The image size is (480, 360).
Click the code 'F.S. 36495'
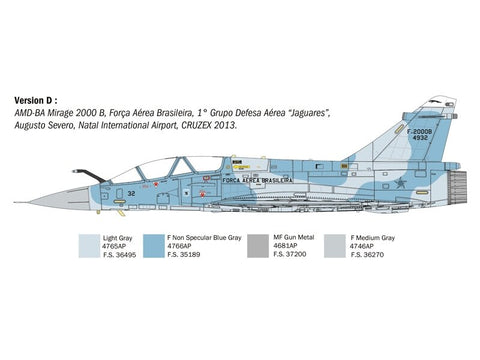(x=122, y=256)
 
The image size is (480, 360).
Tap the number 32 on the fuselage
(x=132, y=193)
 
